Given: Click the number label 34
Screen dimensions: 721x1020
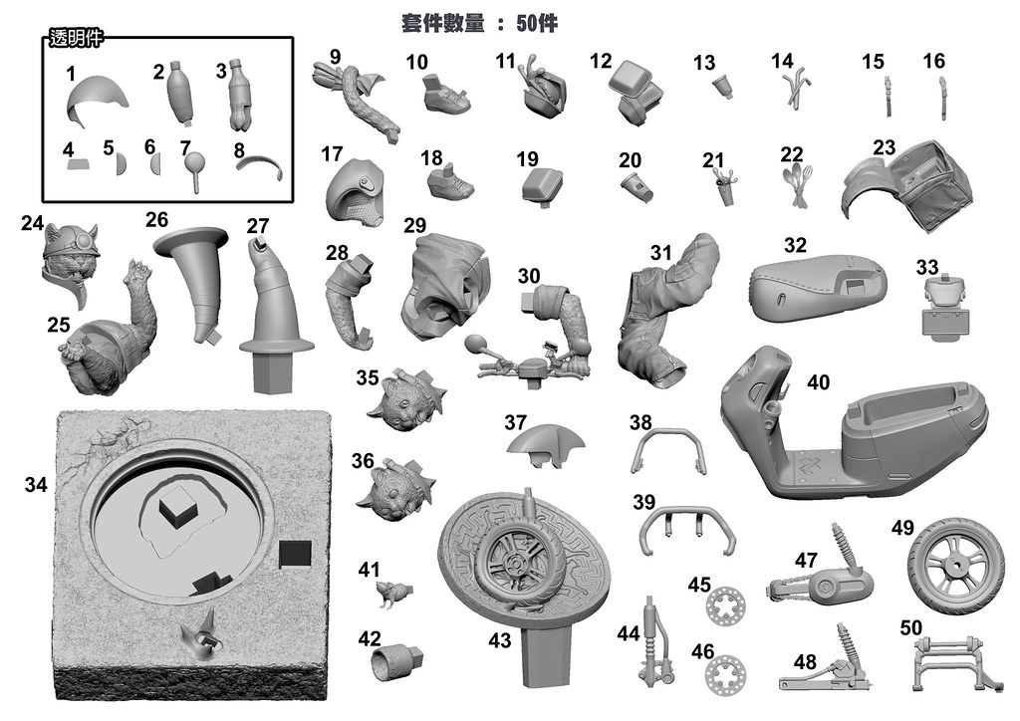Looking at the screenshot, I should click(36, 485).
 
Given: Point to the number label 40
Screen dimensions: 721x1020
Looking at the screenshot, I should click(818, 382).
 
